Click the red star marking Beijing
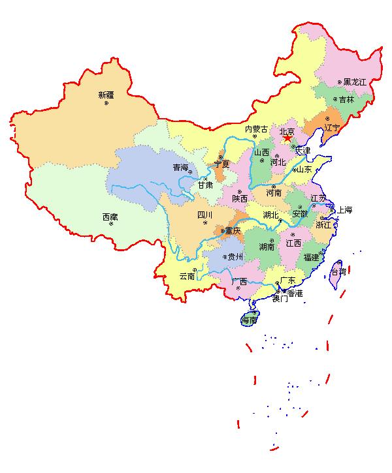(287, 138)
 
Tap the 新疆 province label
(106, 95)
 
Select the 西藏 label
(110, 217)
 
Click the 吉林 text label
(346, 100)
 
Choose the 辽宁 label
(332, 128)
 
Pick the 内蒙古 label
(257, 129)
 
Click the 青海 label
(180, 168)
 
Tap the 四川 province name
(205, 215)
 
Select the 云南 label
(187, 276)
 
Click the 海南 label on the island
(249, 320)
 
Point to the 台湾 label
(338, 271)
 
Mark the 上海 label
(344, 210)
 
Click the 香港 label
(295, 294)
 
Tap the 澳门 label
(280, 299)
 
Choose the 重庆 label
(233, 230)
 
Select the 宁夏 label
(221, 164)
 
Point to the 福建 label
(310, 257)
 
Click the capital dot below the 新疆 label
(106, 103)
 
